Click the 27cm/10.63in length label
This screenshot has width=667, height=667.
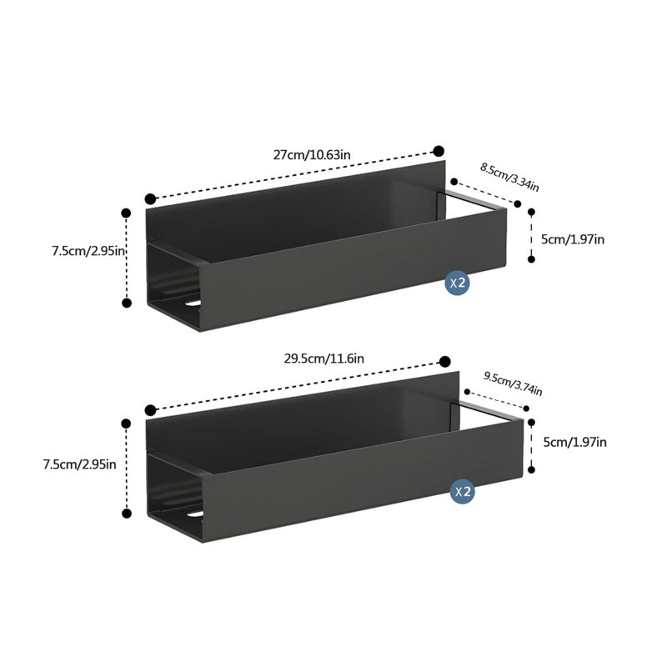point(312,154)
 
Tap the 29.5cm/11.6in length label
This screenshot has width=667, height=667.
point(324,359)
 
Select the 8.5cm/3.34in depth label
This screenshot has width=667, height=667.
point(509,177)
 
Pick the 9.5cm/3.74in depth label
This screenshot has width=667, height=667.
point(513,384)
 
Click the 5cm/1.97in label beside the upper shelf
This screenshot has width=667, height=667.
point(573,239)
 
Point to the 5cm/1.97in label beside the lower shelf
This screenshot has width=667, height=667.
point(574,442)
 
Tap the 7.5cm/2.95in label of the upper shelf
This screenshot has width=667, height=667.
point(88,251)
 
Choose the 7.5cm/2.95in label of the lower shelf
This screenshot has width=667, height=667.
point(79,464)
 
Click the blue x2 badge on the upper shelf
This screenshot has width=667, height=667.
point(457,282)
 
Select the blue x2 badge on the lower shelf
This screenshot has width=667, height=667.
point(463,491)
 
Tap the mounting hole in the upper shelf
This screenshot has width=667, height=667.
point(193,303)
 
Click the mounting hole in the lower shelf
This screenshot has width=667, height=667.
point(195,514)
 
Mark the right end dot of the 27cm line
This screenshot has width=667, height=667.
point(439,151)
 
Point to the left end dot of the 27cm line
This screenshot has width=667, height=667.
point(150,198)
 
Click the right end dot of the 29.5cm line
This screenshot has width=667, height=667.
point(445,362)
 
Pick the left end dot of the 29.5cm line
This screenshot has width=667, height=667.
point(150,410)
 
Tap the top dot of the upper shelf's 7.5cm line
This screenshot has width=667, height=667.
point(127,213)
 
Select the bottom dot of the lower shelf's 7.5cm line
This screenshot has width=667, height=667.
point(127,514)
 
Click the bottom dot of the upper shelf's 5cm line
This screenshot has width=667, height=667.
point(531,258)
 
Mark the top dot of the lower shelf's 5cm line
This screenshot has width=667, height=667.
point(531,423)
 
